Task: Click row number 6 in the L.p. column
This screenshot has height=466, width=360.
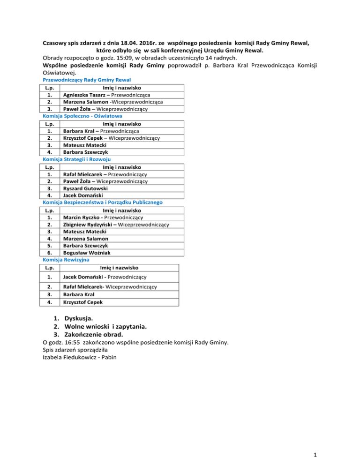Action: pyautogui.click(x=49, y=253)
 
